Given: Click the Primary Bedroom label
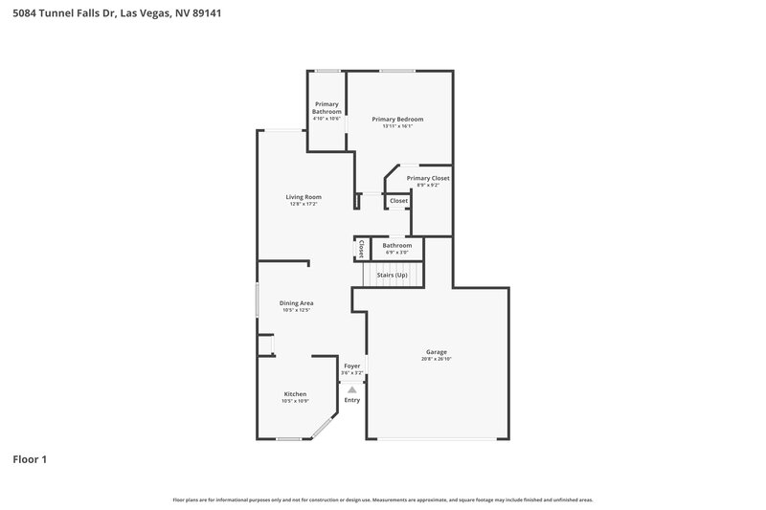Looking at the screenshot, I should pyautogui.click(x=397, y=119).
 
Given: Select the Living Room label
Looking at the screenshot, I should pyautogui.click(x=303, y=197).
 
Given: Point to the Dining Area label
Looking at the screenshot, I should pyautogui.click(x=297, y=303).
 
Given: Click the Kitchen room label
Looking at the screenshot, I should pyautogui.click(x=295, y=394).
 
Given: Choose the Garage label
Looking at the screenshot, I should pyautogui.click(x=436, y=351).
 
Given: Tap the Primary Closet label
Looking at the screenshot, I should pyautogui.click(x=428, y=178).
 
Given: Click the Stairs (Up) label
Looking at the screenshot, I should pyautogui.click(x=392, y=275).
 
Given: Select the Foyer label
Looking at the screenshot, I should pyautogui.click(x=352, y=366).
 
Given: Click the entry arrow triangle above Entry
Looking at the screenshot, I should pyautogui.click(x=352, y=389).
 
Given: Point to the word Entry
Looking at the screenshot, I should pyautogui.click(x=352, y=400).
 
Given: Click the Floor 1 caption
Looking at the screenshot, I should pyautogui.click(x=30, y=459).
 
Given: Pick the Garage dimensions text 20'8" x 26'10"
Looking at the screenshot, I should pyautogui.click(x=436, y=359).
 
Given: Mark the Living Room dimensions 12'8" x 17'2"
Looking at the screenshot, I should pyautogui.click(x=303, y=204).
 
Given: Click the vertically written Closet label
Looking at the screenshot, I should pyautogui.click(x=361, y=248).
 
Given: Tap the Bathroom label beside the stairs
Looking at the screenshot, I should pyautogui.click(x=396, y=246).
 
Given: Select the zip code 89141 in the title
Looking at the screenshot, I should pyautogui.click(x=207, y=13).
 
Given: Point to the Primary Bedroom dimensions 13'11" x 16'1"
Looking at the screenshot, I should pyautogui.click(x=397, y=125).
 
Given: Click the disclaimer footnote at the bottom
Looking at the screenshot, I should pyautogui.click(x=383, y=499).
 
